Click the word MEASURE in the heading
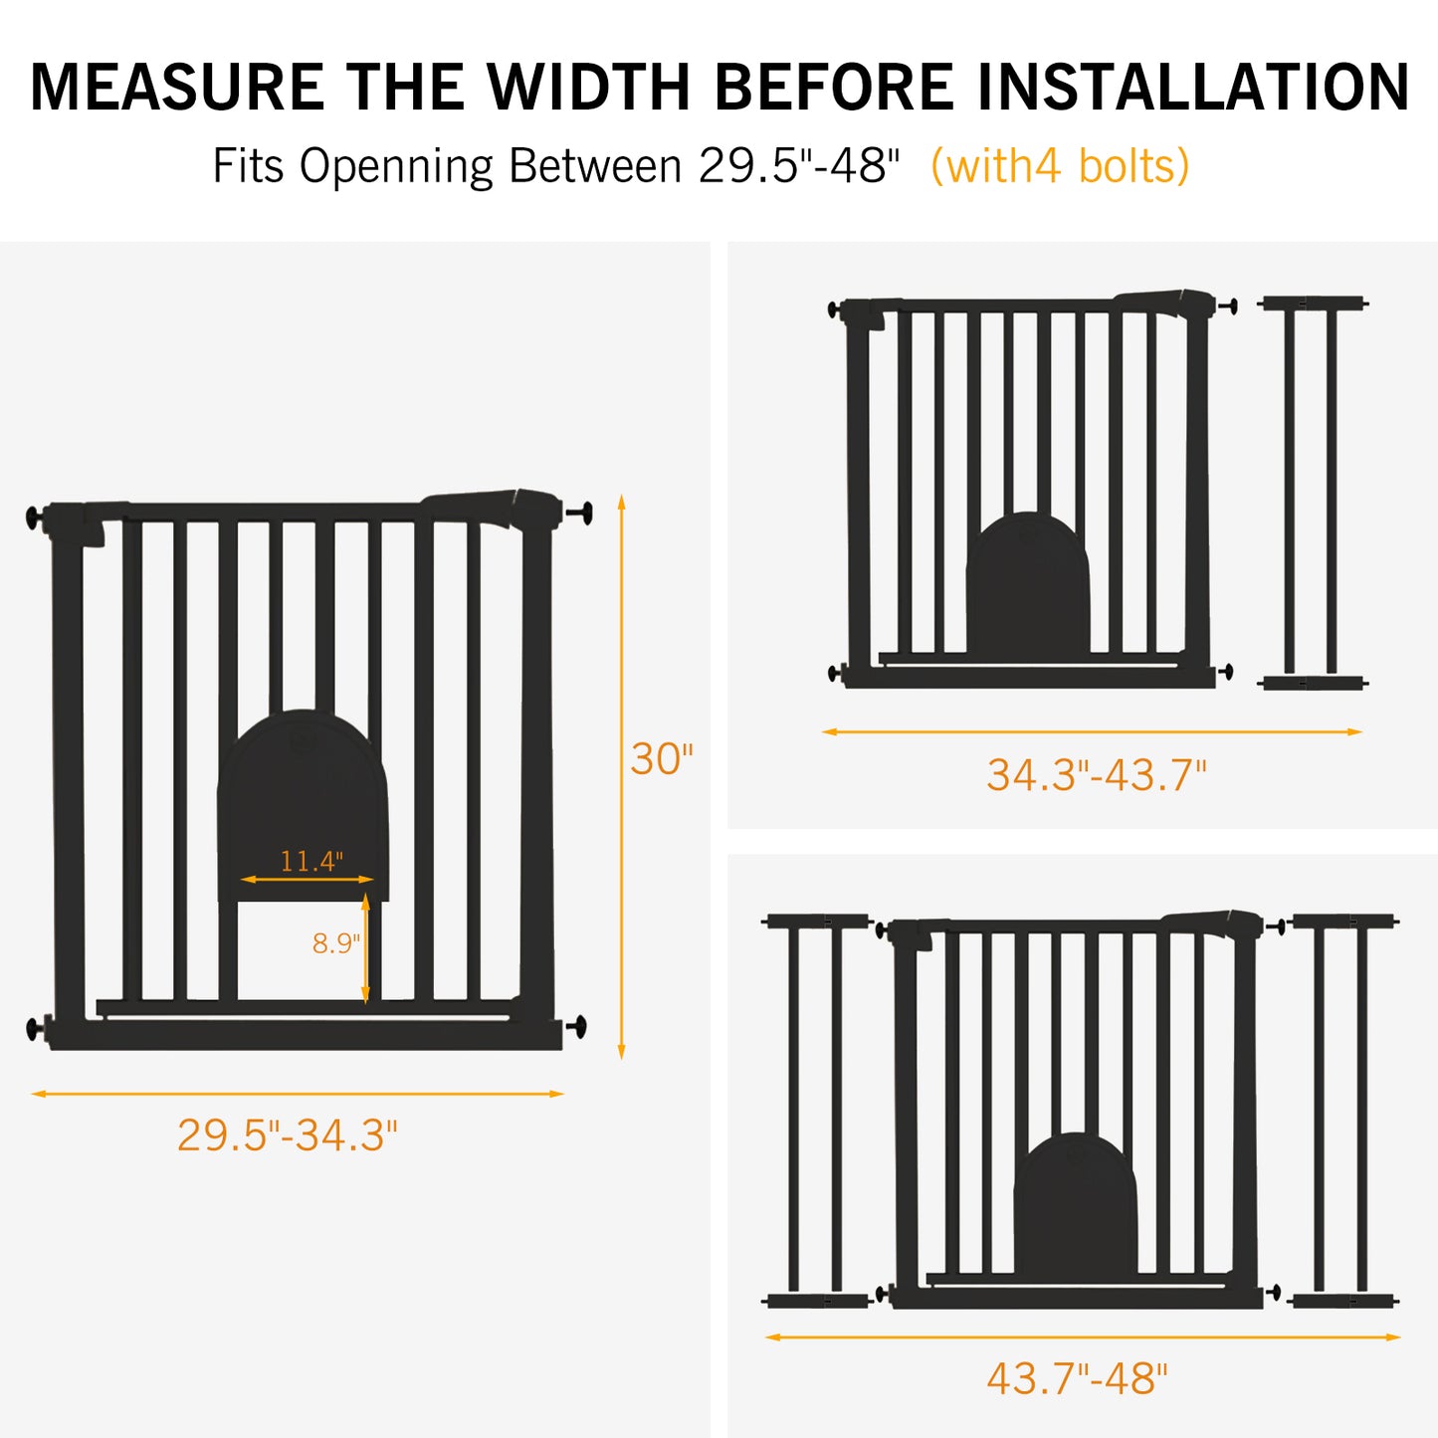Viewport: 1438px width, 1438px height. (x=177, y=88)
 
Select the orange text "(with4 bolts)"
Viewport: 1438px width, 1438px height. (x=1060, y=165)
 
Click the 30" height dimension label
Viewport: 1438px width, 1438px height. (x=662, y=759)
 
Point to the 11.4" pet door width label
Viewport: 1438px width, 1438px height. (x=311, y=861)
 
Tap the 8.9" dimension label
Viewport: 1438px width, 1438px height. (x=335, y=943)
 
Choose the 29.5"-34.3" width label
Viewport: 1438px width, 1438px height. (x=288, y=1135)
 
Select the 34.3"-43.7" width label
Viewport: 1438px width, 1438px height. (x=1097, y=775)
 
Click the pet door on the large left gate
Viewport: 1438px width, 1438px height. (x=303, y=804)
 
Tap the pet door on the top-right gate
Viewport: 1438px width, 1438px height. (x=1028, y=583)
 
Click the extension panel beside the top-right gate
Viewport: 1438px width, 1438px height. (x=1312, y=493)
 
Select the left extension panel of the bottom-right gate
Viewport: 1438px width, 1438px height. (x=816, y=1112)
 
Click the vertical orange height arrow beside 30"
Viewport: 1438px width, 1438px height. (x=621, y=777)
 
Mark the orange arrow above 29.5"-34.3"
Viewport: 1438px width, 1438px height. (x=297, y=1094)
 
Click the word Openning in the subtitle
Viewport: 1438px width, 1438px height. (x=396, y=166)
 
